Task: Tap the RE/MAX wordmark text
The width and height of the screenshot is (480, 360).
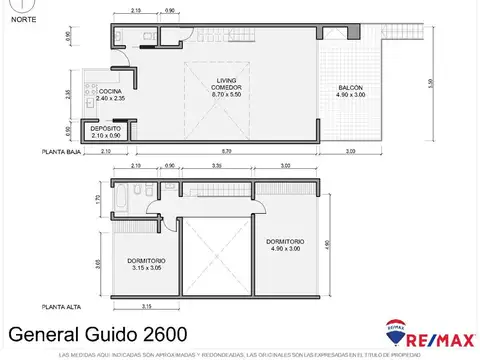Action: tap(439, 336)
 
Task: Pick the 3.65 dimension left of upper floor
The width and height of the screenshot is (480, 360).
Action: tap(97, 264)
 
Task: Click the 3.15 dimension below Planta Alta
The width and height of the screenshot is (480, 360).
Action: tap(146, 305)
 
